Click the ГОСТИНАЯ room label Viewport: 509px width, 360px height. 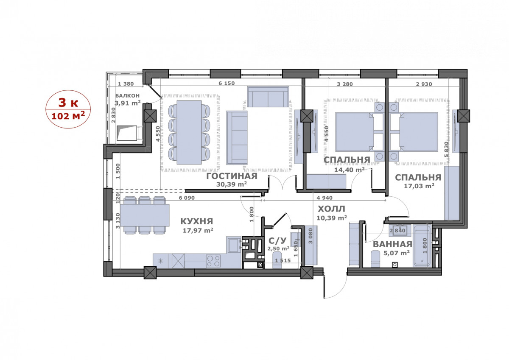232,176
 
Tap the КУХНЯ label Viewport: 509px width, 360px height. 197,221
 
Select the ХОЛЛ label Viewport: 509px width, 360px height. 332,209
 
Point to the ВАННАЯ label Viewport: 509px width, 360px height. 392,244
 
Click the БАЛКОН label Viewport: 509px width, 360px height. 128,96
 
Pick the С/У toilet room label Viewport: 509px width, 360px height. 277,240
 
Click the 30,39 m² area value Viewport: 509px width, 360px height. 232,184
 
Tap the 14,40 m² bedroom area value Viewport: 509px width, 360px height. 350,170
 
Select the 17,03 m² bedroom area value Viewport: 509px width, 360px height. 419,186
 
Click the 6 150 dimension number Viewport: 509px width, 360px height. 227,84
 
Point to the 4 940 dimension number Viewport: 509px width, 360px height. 324,198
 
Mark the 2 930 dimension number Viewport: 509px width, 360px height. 424,84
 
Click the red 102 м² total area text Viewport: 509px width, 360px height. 68,116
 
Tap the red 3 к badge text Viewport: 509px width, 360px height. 68,103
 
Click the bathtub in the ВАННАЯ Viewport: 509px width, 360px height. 422,246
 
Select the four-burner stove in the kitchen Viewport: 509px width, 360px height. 213,261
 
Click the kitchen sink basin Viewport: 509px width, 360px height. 233,245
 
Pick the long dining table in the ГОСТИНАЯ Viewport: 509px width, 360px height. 189,132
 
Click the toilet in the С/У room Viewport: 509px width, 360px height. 277,260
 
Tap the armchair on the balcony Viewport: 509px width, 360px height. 129,133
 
